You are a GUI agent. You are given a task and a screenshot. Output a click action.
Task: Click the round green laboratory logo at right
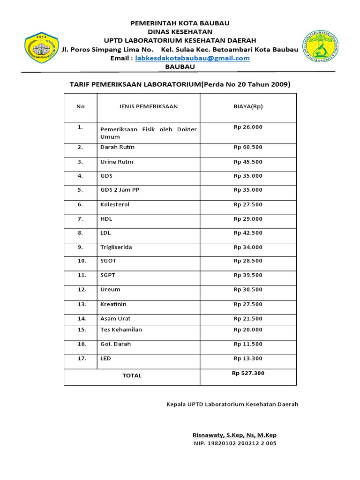coord(321,48)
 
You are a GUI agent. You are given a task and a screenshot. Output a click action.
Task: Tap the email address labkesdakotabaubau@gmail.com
coord(193,58)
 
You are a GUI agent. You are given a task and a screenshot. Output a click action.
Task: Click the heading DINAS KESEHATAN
coord(180,31)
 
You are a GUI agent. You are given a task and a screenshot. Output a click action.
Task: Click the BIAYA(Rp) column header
coord(248,106)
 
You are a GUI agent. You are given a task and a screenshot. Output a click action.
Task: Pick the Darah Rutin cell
coord(117,147)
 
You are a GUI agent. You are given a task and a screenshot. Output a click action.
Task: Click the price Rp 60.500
coord(248,147)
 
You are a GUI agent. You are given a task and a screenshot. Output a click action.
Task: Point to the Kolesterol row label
coord(115,205)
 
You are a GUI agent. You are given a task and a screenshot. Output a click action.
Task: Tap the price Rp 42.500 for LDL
coord(248,233)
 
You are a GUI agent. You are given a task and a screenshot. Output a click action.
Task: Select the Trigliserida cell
coord(116,247)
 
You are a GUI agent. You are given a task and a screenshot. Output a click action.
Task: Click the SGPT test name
coord(108,275)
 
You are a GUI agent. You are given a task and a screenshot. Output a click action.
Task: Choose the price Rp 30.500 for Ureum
coord(248,290)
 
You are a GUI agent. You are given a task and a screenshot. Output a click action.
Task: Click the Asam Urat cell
coord(115,319)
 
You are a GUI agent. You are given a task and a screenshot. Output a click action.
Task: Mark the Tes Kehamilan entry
coord(121,330)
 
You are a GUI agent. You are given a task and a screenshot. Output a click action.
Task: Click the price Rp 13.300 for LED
coord(248,359)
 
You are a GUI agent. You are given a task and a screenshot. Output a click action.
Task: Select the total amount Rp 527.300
coord(248,374)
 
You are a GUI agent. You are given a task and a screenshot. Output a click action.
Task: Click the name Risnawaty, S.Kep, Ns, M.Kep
coord(235,435)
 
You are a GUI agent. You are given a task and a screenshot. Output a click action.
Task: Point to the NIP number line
coord(235,443)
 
